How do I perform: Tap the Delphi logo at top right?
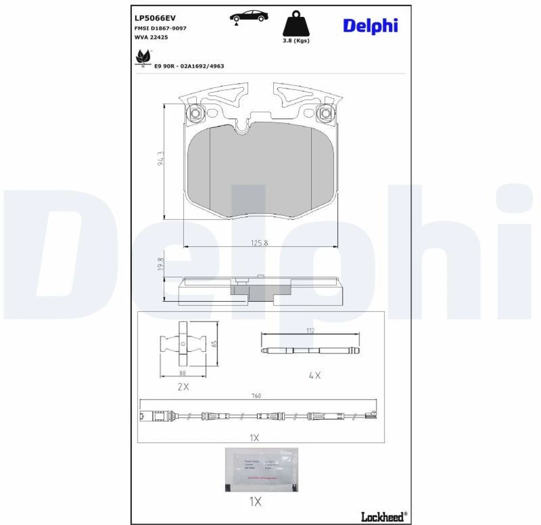coord(370,25)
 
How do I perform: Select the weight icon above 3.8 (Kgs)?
coord(296,25)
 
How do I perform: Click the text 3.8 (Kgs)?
coord(296,41)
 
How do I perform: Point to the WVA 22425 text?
coord(151,37)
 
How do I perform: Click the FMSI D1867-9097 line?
coord(161,28)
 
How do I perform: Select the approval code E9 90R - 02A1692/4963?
coord(189,66)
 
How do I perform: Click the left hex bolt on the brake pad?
coord(195,113)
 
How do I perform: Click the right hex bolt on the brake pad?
coord(325,113)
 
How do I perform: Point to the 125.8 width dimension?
coord(259,242)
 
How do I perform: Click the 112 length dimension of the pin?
coord(309,330)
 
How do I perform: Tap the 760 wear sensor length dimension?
coord(257,396)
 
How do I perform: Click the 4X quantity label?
coord(314,375)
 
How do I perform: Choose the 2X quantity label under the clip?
coord(183,386)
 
